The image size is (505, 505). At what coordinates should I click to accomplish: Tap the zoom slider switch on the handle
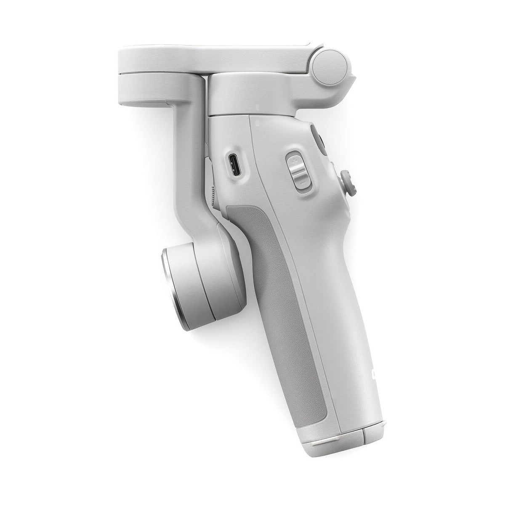coord(296,171)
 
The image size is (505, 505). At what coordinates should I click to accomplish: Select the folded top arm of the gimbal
coord(210,59)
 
